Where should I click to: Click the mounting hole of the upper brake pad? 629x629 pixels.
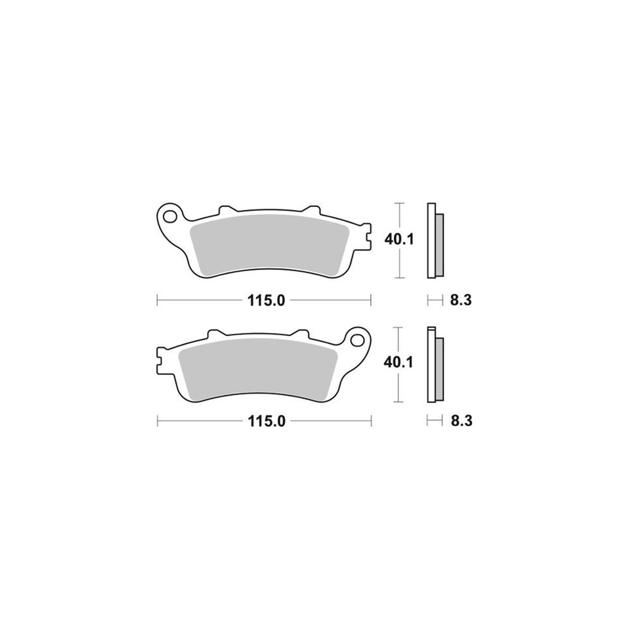click(170, 217)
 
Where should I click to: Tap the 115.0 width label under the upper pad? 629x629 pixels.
click(266, 300)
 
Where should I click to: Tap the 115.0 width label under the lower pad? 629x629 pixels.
click(267, 421)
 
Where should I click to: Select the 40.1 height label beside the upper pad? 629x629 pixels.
click(399, 240)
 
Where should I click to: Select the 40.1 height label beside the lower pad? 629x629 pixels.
click(398, 362)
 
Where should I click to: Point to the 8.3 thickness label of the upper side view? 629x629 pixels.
click(461, 300)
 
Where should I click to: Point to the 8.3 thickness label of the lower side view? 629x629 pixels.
click(461, 421)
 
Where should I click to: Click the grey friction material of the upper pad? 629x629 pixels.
click(270, 244)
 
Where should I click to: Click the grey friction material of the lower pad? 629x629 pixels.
click(258, 369)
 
